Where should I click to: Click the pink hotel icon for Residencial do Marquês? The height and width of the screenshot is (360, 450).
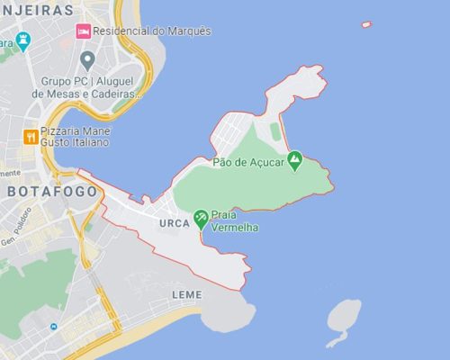(x=83, y=31)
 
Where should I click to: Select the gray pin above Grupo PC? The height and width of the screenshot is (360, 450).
(x=87, y=60)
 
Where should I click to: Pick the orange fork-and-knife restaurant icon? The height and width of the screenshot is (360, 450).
(x=31, y=137)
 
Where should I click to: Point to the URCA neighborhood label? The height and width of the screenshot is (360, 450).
(x=174, y=223)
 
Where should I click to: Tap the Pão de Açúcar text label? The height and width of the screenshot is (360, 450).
(x=247, y=162)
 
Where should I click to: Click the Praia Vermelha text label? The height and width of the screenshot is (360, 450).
(x=234, y=221)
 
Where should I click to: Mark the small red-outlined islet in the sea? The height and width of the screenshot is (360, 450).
(x=366, y=24)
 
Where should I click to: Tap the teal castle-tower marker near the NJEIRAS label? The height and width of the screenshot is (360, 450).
(x=23, y=40)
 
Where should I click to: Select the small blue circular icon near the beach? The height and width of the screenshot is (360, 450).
(x=53, y=327)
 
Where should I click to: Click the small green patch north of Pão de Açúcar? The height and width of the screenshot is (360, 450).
(x=274, y=131)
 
